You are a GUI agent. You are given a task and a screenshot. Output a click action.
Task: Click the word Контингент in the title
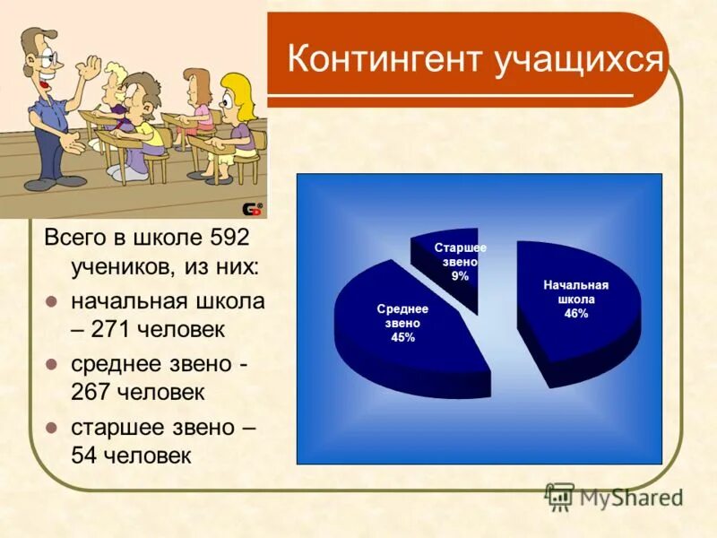coord(385,60)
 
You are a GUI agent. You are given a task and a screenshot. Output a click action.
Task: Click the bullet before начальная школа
coord(52,301)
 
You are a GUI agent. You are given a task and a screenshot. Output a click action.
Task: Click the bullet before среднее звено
coord(52,364)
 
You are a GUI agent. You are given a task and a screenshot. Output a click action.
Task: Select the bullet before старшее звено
coord(52,427)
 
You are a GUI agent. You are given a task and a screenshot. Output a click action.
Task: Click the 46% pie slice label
coord(575,314)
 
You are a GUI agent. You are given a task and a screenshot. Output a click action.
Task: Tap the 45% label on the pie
coord(402,337)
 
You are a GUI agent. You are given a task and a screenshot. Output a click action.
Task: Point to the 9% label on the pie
coord(460,276)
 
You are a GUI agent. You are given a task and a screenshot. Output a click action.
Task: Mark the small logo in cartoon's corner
coord(254,209)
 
